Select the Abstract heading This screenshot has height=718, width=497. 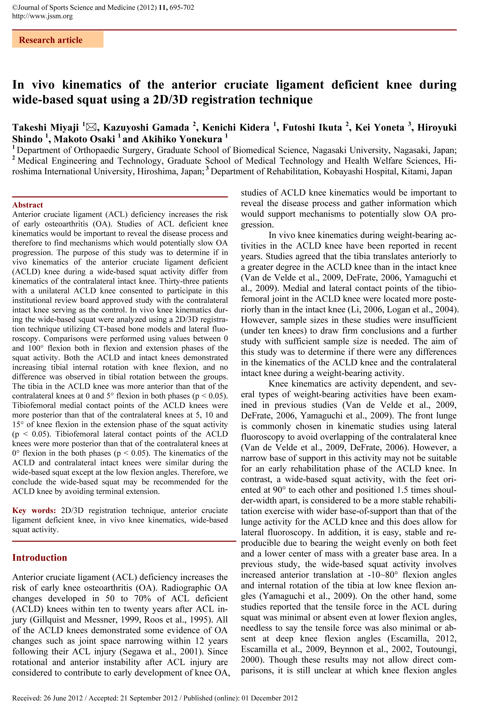tap(27, 205)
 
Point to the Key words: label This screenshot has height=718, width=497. tap(34, 510)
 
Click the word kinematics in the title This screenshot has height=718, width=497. tap(92, 85)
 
